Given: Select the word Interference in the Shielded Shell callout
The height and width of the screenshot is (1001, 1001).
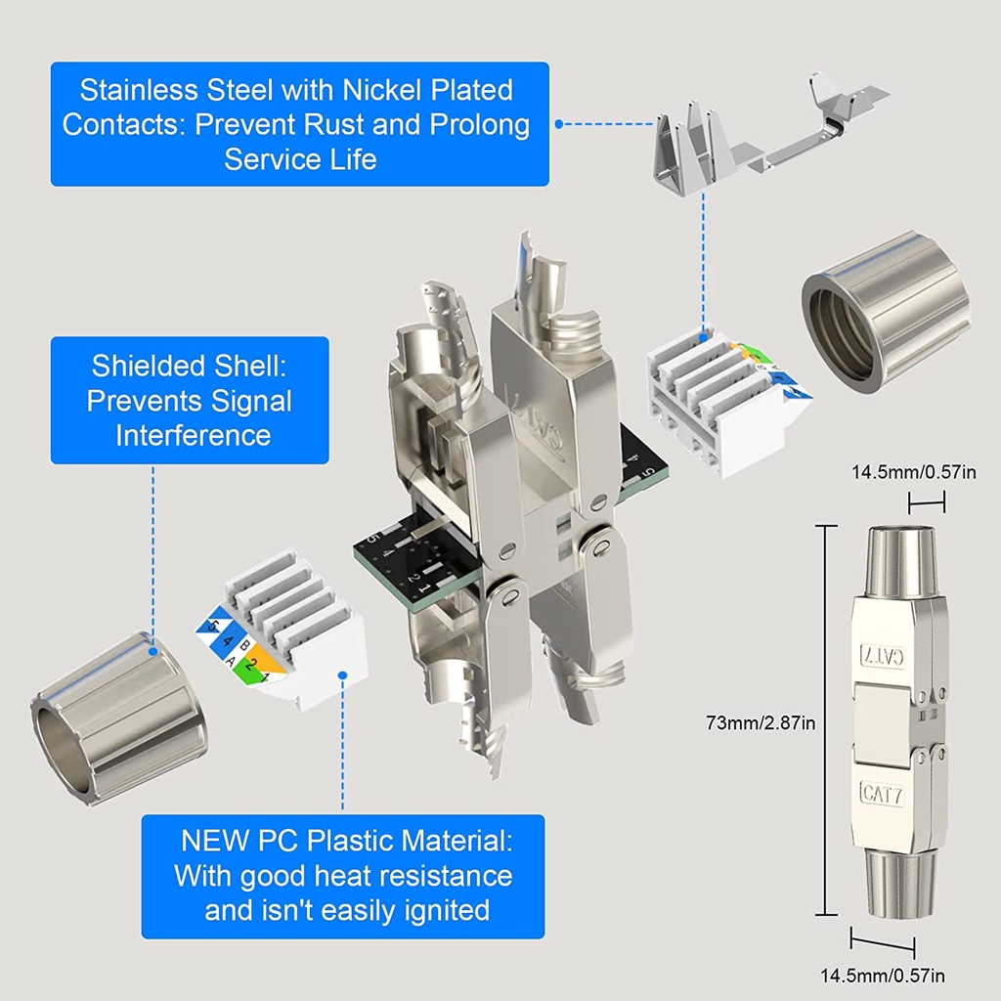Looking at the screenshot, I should click(194, 435).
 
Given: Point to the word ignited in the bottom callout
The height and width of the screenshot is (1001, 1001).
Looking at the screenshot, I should click(447, 910).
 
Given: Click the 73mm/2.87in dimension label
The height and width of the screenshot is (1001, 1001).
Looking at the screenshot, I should click(760, 723).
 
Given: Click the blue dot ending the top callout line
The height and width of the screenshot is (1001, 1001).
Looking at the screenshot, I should click(558, 124).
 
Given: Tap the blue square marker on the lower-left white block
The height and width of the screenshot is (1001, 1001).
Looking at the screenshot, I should click(343, 674).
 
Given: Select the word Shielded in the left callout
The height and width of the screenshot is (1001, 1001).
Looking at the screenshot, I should click(147, 367).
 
